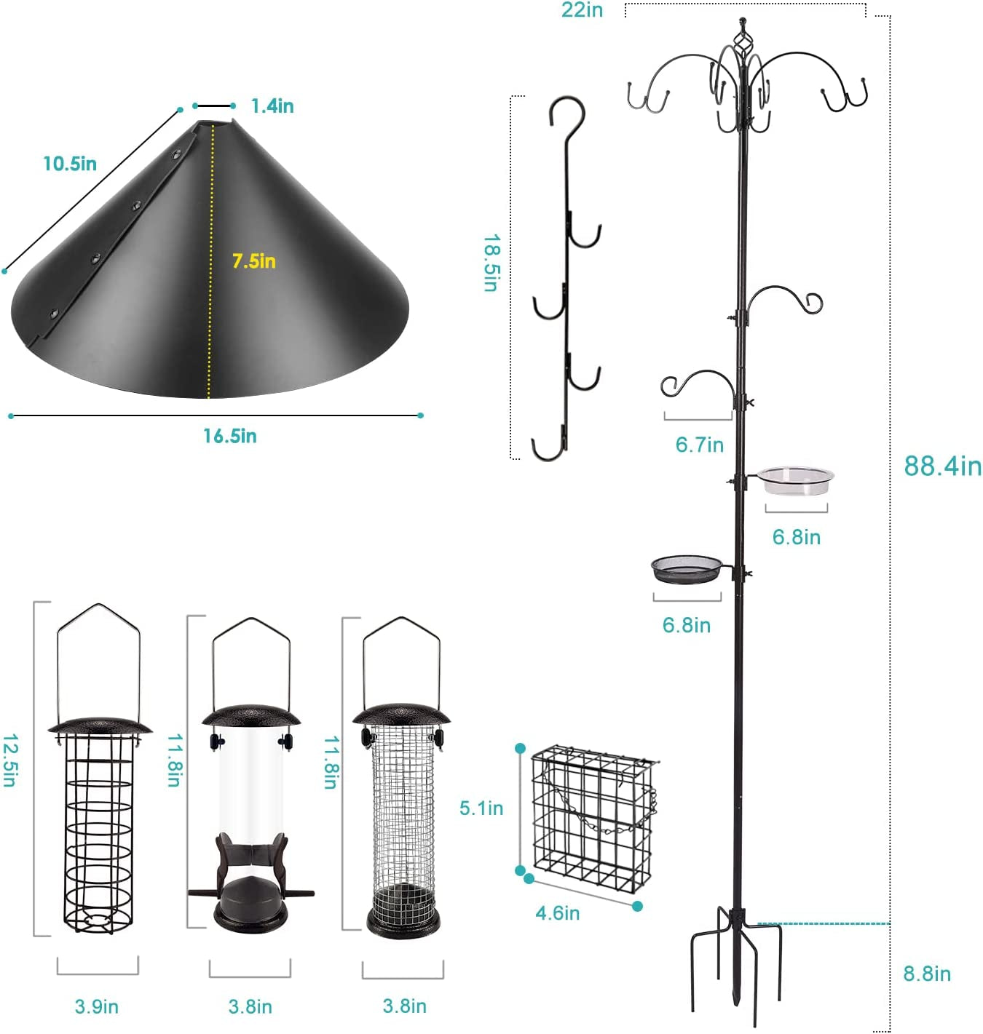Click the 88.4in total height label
tap(942, 466)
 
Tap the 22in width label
tap(582, 10)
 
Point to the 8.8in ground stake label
tap(926, 974)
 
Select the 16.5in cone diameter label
tap(229, 436)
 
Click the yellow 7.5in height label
tap(253, 261)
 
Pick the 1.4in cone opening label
tap(272, 106)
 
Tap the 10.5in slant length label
tap(69, 164)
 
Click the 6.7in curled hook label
tap(699, 445)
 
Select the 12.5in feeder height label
tap(9, 760)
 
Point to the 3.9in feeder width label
tap(96, 1006)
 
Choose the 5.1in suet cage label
tap(481, 808)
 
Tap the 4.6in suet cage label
tap(557, 912)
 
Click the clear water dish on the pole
tap(796, 481)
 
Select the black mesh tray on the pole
tap(687, 569)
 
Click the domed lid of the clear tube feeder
tap(250, 715)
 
